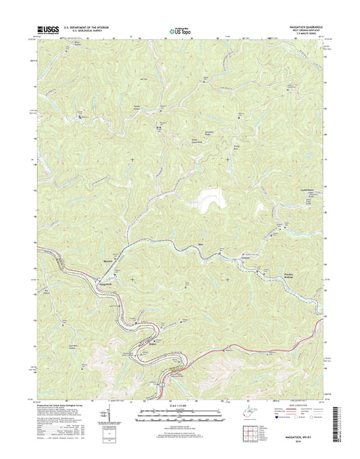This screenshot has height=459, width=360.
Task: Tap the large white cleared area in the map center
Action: pyautogui.click(x=212, y=201)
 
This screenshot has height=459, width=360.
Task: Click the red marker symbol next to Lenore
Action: pyautogui.click(x=245, y=255)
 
